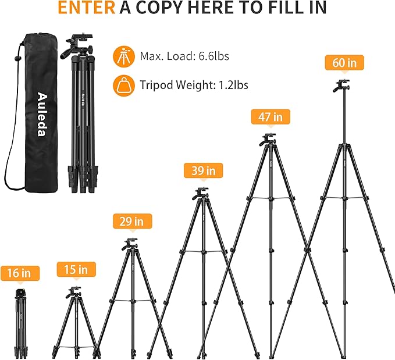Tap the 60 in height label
344,63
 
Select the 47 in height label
269,116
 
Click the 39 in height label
203,170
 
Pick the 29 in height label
132,221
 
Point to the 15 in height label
76,270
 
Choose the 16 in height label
20,273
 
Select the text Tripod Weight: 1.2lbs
194,85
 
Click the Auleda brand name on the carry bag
41,115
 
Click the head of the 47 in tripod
267,140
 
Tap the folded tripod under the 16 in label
22,320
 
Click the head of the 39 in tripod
201,193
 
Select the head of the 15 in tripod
75,291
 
